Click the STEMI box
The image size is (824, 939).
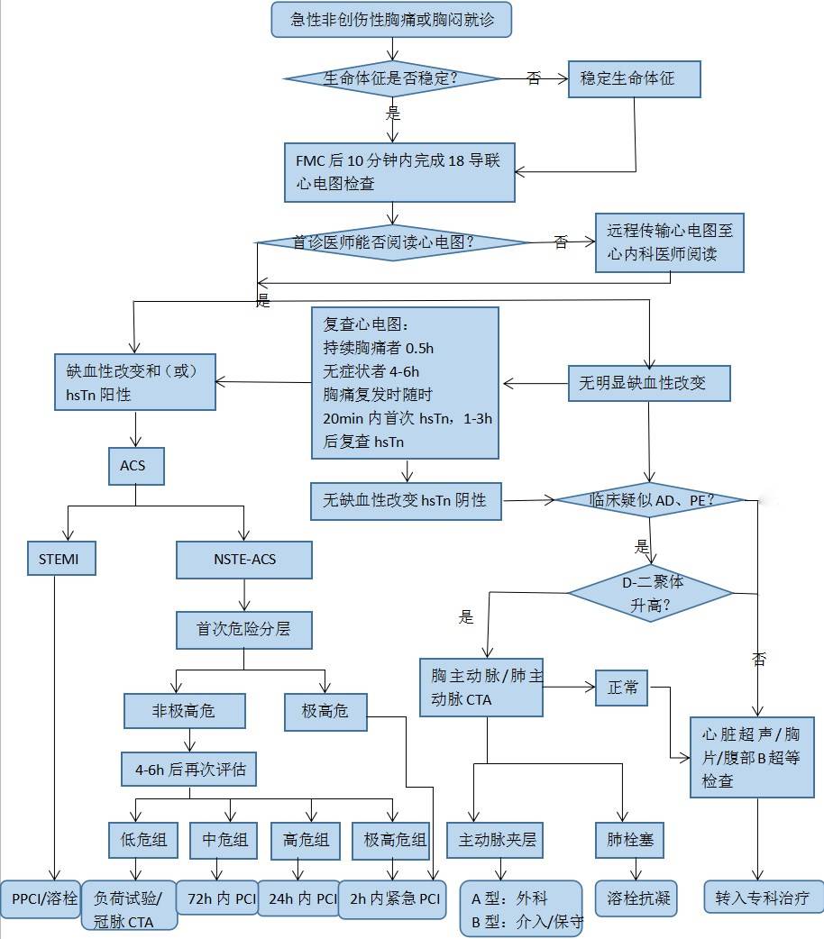point(59,559)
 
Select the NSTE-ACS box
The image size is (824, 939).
point(244,560)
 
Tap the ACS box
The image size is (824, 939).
point(133,467)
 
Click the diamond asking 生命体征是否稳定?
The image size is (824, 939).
point(391,78)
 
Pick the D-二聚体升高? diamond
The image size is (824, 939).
point(651,593)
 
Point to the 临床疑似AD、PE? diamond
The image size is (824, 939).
point(651,499)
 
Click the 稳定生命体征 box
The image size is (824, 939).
point(634,78)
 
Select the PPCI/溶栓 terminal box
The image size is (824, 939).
point(44,898)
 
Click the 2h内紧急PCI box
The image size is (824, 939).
point(392,898)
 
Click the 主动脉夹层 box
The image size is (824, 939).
point(498,840)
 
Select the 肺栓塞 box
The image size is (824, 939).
point(630,840)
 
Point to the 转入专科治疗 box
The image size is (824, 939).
point(763,898)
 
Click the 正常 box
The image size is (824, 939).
point(622,688)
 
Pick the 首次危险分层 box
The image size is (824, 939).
point(243,629)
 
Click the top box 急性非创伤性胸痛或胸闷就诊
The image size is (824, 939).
point(390,19)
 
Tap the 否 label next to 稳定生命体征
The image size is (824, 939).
point(534,78)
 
